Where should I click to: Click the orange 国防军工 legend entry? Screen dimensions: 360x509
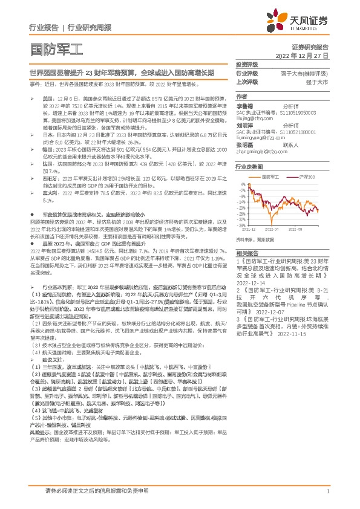pyautogui.click(x=275, y=176)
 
